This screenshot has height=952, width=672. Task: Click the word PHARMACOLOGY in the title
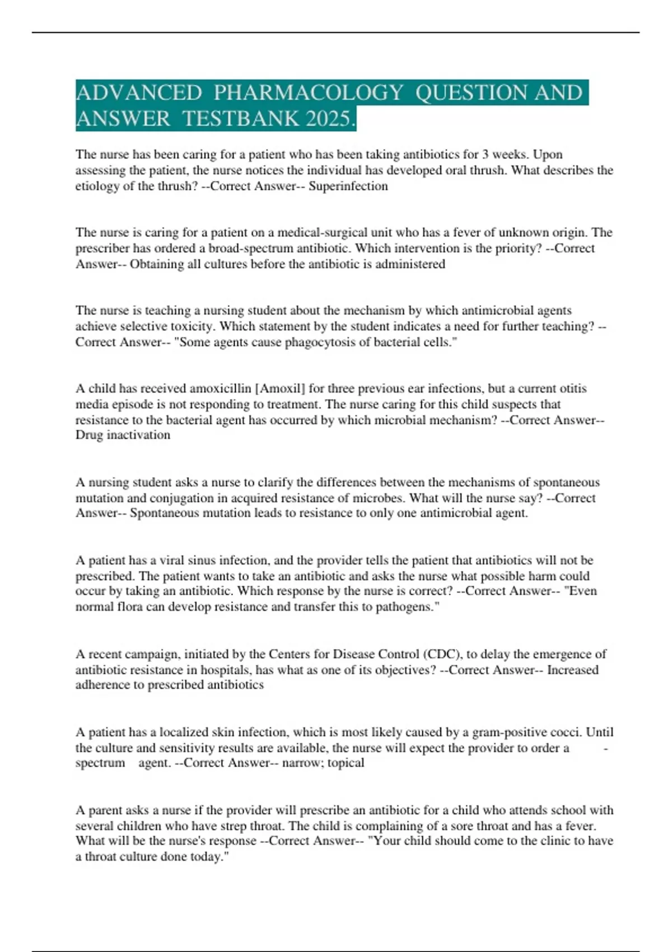308,92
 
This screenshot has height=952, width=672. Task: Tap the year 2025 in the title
330,119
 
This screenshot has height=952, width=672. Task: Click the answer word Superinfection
348,186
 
